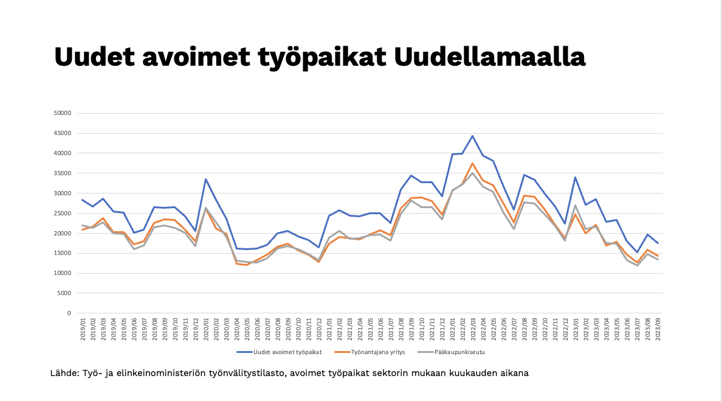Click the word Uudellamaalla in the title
(489, 57)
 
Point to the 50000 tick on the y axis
(62, 113)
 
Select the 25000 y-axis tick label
(62, 214)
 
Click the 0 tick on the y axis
(69, 313)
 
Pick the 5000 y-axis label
(64, 293)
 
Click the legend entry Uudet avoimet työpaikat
(279, 352)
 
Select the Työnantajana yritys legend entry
(370, 352)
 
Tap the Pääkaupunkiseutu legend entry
(451, 352)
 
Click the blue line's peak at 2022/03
(472, 136)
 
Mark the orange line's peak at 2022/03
(472, 163)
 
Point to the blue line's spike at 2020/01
(206, 180)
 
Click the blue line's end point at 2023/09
(658, 243)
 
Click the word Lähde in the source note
(64, 373)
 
